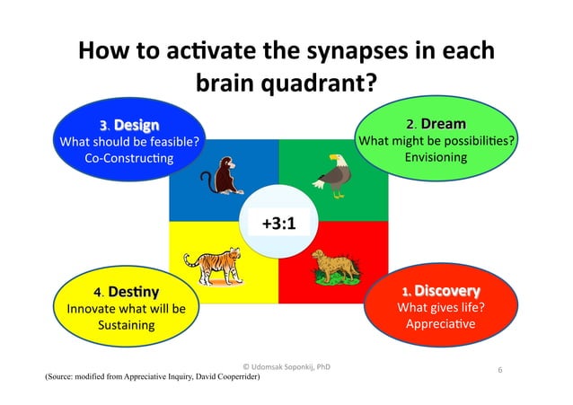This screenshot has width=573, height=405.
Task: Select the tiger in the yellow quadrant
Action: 212,263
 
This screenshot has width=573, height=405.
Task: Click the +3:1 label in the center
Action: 279,222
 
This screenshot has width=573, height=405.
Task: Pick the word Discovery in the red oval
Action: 446,291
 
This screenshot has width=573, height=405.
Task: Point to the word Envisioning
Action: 436,157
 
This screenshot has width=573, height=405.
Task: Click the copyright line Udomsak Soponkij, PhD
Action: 286,366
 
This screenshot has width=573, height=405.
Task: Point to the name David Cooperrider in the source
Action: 216,378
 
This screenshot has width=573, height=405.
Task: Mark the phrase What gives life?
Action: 440,308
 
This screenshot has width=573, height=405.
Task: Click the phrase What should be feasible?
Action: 128,140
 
